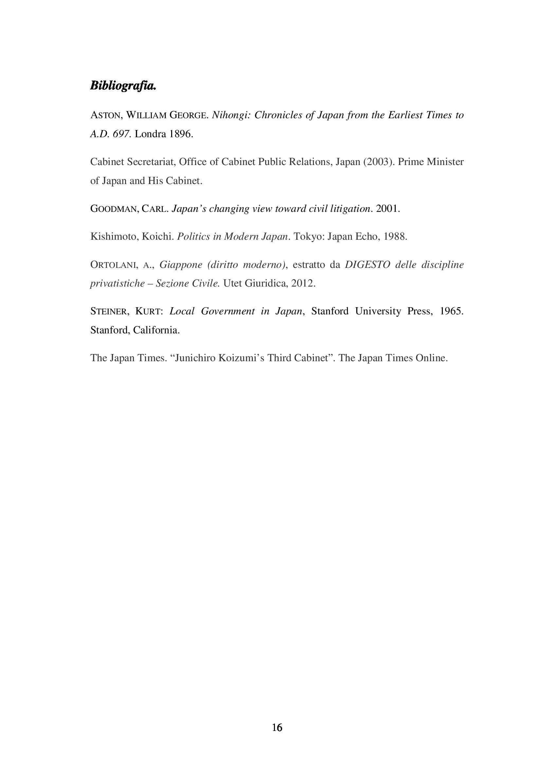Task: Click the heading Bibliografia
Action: (123, 85)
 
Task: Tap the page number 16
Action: (277, 728)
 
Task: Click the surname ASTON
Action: (105, 115)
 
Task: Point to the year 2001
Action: (387, 209)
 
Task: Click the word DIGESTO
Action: (367, 265)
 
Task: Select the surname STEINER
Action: (109, 311)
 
